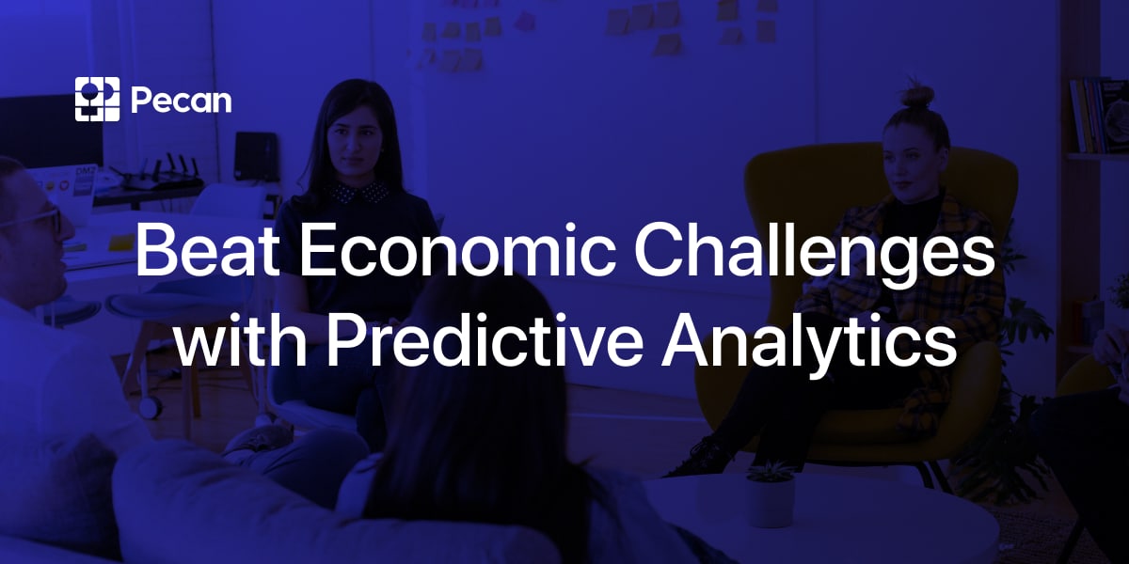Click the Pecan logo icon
click(x=98, y=99)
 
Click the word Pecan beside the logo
click(x=181, y=100)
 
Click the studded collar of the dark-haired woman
click(x=358, y=193)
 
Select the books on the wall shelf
click(x=1096, y=113)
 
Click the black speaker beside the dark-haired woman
click(x=256, y=156)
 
